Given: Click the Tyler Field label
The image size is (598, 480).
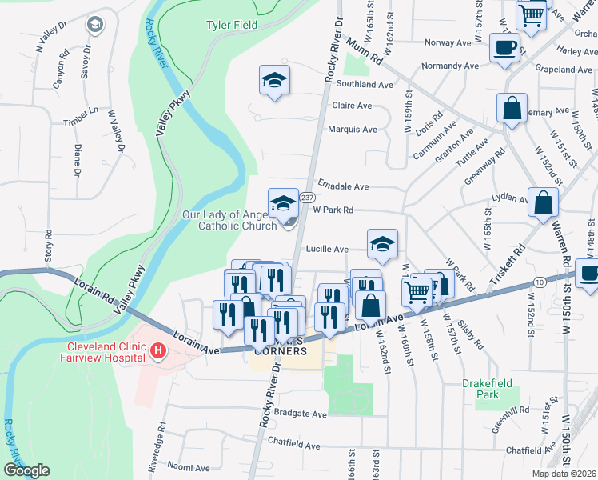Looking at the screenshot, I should coord(232,25).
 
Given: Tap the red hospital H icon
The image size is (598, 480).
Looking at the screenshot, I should coord(158,350).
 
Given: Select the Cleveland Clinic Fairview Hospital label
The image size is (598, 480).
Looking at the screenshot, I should coord(104,352).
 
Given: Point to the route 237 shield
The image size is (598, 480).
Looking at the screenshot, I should coord(306,197).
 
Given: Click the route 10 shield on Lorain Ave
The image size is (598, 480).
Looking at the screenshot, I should coord(540,282).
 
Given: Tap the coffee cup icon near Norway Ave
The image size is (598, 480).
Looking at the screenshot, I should coord(504,48).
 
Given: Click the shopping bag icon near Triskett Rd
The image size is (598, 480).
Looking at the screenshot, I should coord(544,204).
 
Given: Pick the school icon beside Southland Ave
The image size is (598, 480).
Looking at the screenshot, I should coord(274,81).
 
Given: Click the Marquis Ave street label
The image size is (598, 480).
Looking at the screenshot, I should coord(352,129).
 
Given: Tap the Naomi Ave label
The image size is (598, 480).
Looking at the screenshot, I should coord(189,468).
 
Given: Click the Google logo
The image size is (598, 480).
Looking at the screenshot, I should coord(26,470).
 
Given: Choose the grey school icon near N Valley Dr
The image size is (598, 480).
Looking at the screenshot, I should coord(96,25).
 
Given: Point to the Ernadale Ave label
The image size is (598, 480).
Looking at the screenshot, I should coord(343,186).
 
